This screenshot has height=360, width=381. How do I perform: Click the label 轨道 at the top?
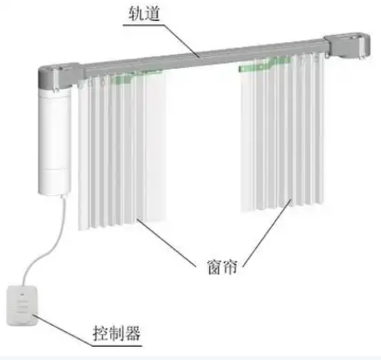144,13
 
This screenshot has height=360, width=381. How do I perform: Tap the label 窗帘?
222,267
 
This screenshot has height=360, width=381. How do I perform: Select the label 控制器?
117,333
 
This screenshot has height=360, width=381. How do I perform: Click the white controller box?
22,306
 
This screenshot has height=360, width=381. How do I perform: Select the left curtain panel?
121,151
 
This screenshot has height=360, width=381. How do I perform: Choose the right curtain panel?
282,133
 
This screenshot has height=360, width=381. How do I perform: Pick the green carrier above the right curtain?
265,65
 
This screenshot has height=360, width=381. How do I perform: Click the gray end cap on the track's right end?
347,45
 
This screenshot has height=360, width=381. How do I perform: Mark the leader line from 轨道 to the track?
162,41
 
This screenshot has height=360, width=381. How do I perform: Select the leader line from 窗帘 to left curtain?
166,242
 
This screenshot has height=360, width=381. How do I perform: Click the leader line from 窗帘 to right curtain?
267,232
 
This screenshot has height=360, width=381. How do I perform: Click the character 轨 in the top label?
136,13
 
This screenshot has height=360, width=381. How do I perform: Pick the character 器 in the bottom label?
133,333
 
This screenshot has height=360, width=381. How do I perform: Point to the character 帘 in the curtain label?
230,267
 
